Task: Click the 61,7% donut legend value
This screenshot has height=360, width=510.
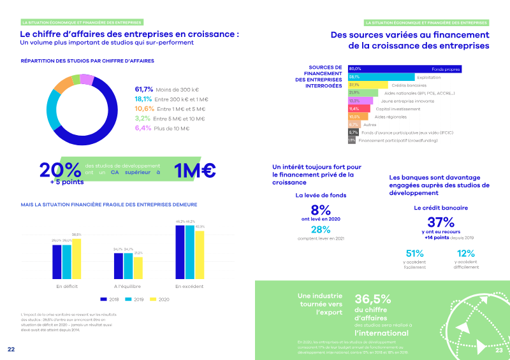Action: point(144,89)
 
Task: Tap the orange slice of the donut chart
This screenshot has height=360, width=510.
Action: point(62,86)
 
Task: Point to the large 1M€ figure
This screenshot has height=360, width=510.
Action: point(195,170)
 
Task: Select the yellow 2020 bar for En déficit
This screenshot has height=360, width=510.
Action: point(76,259)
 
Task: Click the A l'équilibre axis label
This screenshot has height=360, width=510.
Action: point(127,286)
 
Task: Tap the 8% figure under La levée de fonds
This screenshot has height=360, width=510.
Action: point(321,210)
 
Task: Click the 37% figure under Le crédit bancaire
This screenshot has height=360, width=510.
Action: point(441,222)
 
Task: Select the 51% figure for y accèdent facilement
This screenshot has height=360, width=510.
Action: point(415,254)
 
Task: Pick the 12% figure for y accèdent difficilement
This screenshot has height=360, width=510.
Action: point(466,254)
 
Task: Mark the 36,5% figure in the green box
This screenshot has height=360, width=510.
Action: point(373,299)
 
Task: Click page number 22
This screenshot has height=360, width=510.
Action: point(11,349)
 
